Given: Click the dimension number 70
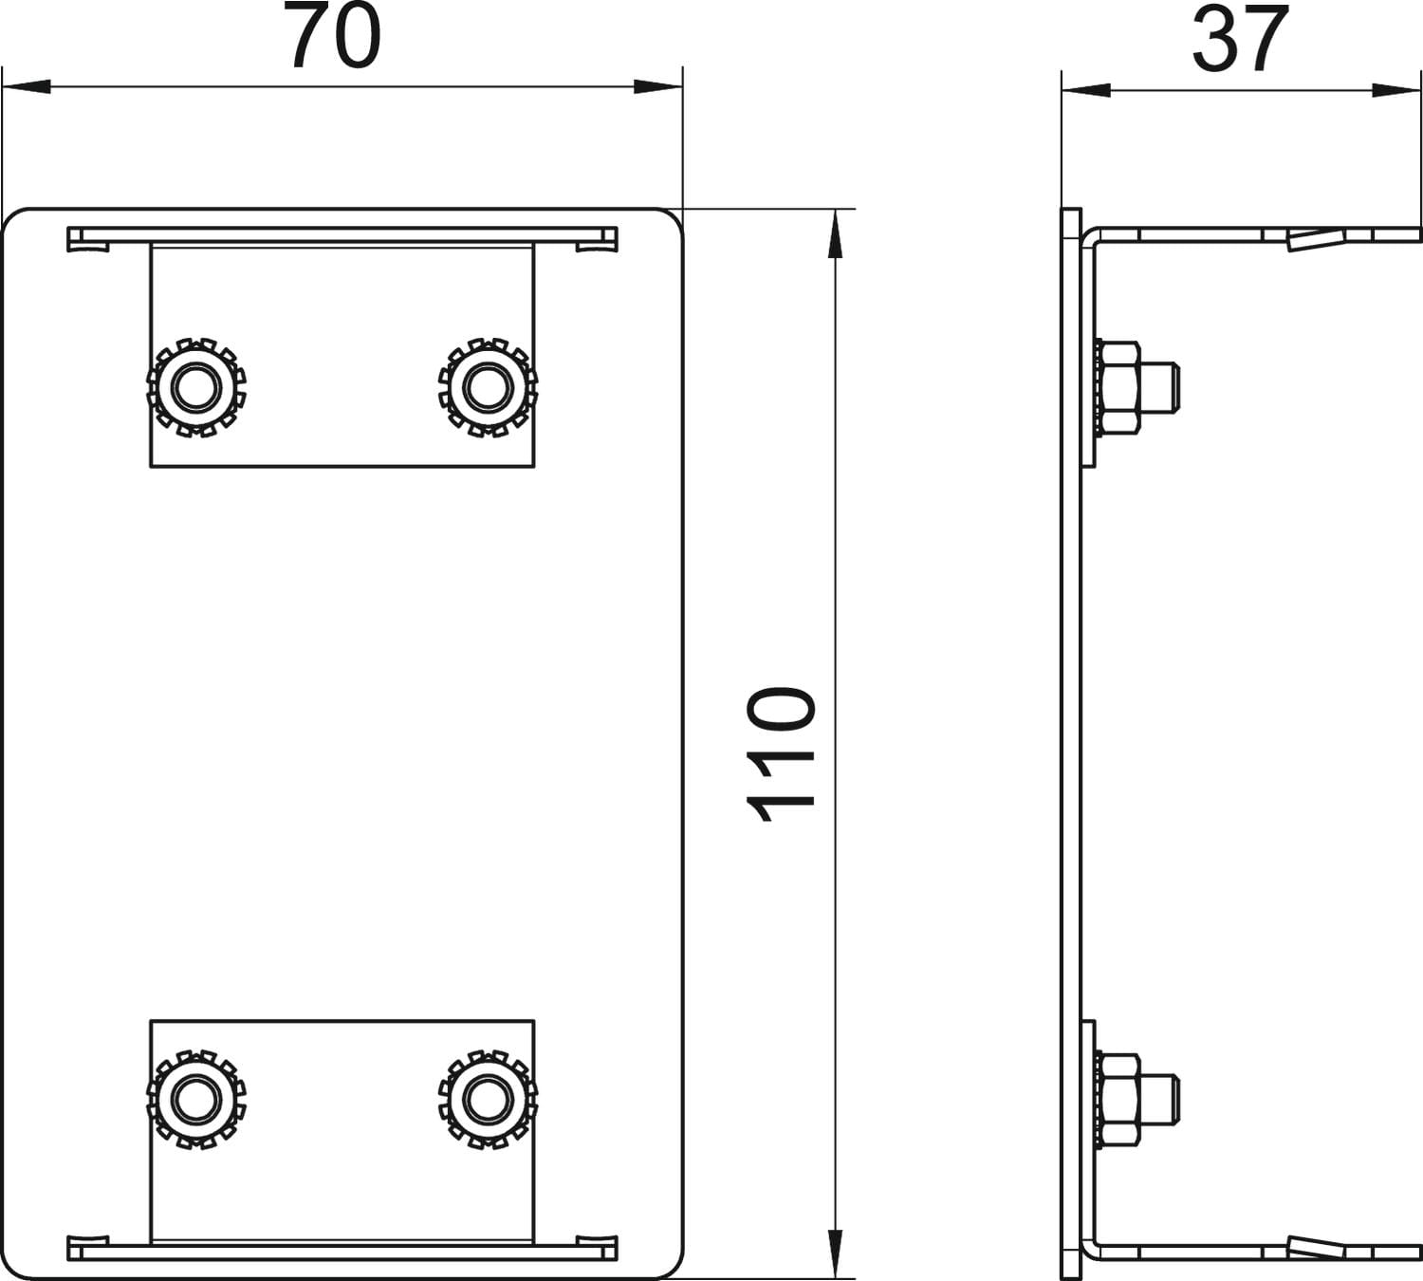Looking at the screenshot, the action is tap(332, 35).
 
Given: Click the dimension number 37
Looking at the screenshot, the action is tap(1239, 39).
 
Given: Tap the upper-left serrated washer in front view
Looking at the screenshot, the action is tap(196, 387).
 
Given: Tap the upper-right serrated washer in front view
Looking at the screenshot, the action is tap(488, 387).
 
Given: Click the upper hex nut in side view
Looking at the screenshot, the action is tap(1120, 387).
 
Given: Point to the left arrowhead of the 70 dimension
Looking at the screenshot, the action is tap(27, 86).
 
